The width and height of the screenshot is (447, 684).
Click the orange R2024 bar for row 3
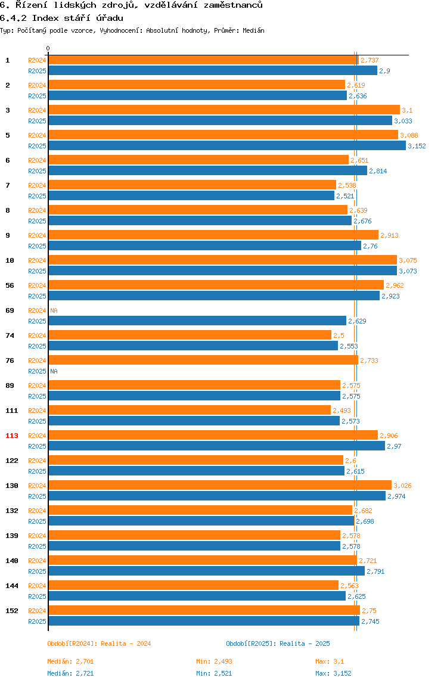[x=223, y=110]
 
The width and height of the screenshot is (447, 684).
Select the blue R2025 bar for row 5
[x=226, y=145]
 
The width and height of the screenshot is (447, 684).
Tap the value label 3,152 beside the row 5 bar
[x=417, y=146]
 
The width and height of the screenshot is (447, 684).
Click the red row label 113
[x=12, y=436]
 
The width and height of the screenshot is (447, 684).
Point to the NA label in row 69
[x=54, y=310]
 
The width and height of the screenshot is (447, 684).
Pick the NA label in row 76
[x=54, y=371]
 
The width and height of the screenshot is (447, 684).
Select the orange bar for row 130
[x=219, y=485]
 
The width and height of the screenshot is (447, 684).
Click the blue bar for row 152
[x=203, y=621]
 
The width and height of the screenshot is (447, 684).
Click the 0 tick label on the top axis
[x=48, y=49]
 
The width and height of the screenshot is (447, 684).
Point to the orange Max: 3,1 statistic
[x=330, y=661]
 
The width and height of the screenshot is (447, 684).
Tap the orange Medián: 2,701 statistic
[x=70, y=661]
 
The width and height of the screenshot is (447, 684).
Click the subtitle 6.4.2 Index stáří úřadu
[x=61, y=18]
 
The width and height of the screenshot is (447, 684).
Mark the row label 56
[x=10, y=285]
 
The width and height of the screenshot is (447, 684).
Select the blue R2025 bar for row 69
[x=197, y=321]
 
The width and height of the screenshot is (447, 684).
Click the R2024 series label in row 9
[x=37, y=235]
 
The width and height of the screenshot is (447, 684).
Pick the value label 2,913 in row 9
[x=389, y=235]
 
